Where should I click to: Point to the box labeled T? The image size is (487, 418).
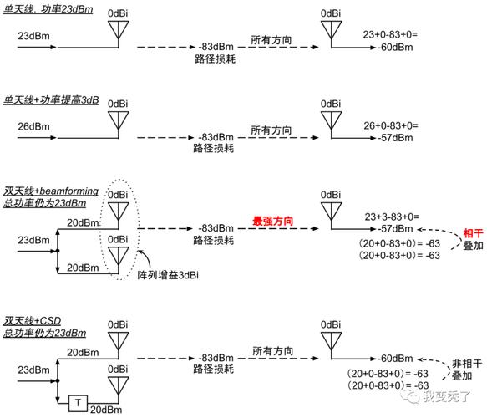(x=79, y=404)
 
